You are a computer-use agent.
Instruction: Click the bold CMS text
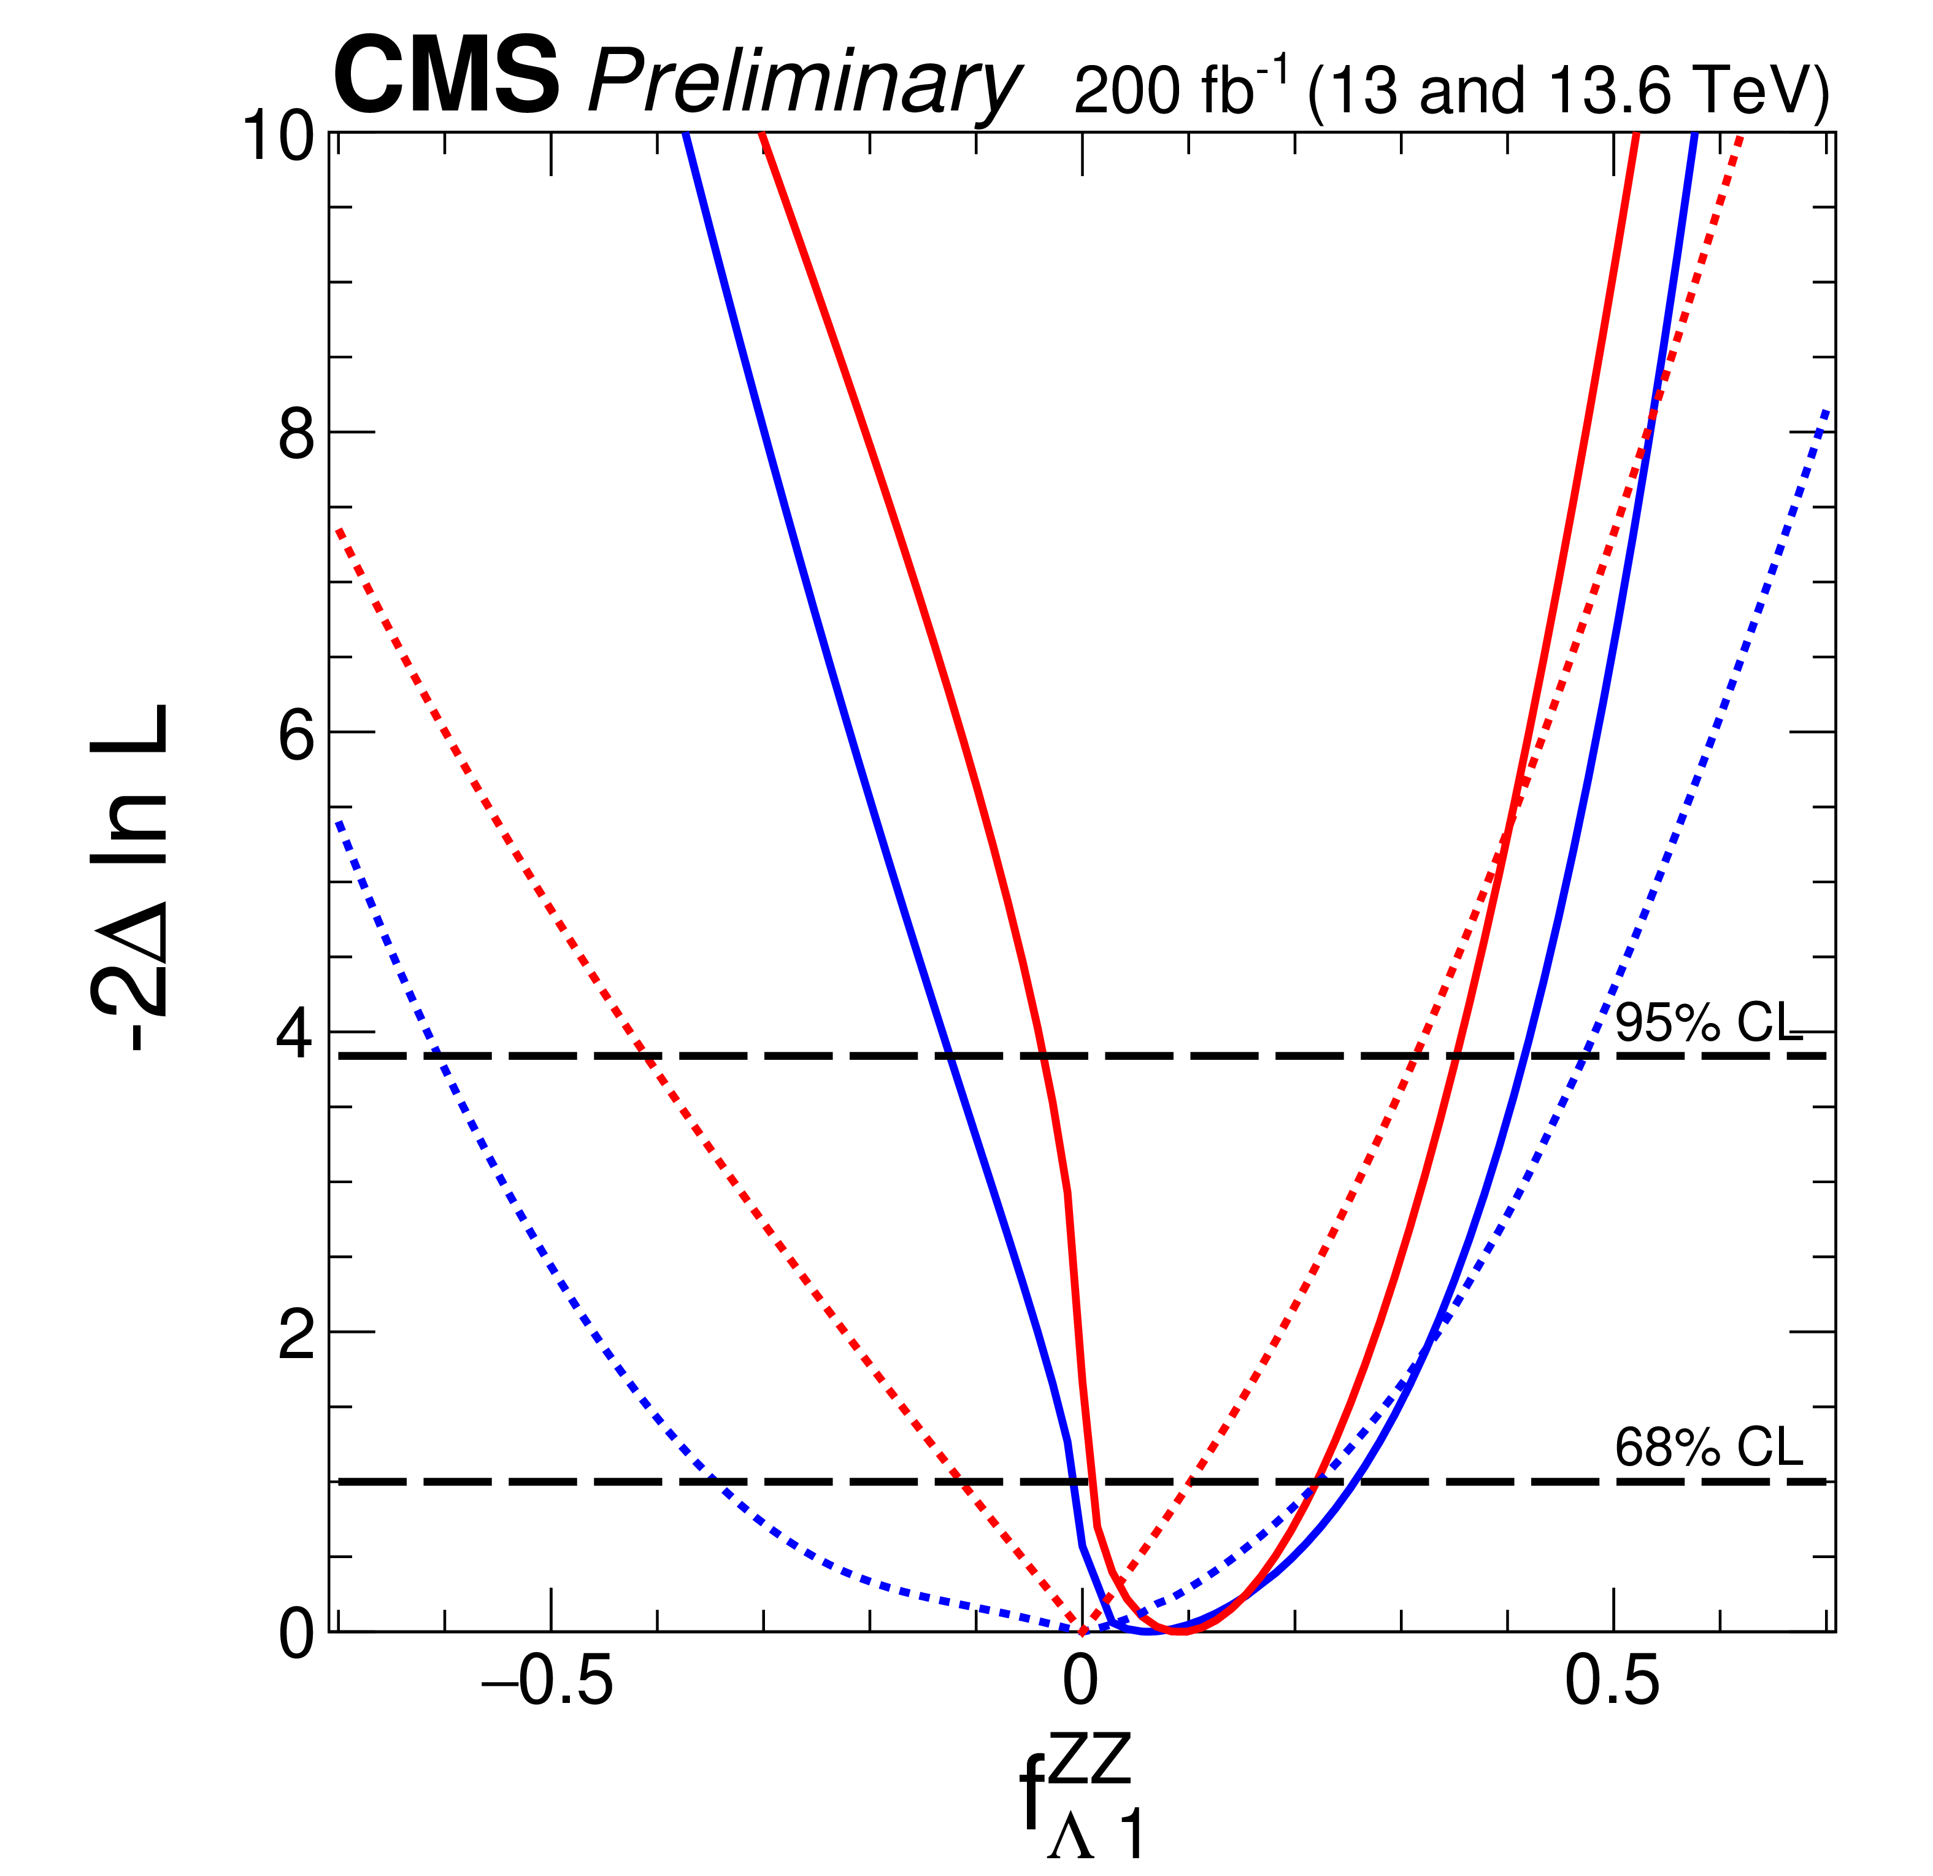(x=447, y=77)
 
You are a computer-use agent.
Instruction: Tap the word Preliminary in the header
(x=803, y=85)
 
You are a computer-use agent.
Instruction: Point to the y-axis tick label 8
(x=296, y=434)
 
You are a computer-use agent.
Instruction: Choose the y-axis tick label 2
(x=296, y=1337)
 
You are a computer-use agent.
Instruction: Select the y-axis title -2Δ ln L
(x=128, y=878)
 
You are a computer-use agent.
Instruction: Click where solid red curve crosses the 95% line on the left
(x=1042, y=1056)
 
